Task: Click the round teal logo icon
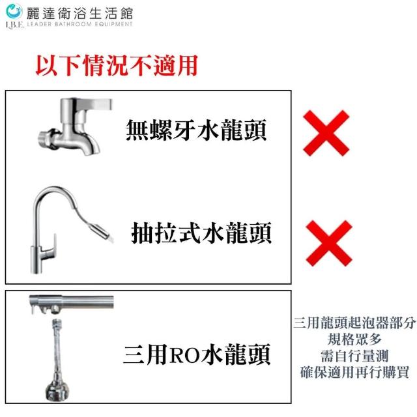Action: tap(14, 11)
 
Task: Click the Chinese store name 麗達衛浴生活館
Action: tap(79, 14)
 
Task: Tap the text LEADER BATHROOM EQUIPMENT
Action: tap(79, 24)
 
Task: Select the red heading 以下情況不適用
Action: tap(117, 65)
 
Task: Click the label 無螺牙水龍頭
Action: tap(196, 130)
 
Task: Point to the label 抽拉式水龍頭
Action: tap(201, 233)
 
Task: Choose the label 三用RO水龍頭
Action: tap(197, 354)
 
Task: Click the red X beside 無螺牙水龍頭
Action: tap(326, 133)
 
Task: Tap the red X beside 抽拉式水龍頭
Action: tap(329, 243)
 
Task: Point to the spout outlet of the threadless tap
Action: tap(91, 151)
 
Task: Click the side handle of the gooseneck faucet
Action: tap(52, 248)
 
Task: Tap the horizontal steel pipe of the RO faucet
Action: tap(71, 302)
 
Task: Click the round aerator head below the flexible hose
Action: tap(57, 390)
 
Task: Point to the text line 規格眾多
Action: tap(354, 339)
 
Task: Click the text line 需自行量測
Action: tap(354, 356)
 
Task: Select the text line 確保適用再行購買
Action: tap(354, 372)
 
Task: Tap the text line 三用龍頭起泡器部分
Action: tap(354, 323)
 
